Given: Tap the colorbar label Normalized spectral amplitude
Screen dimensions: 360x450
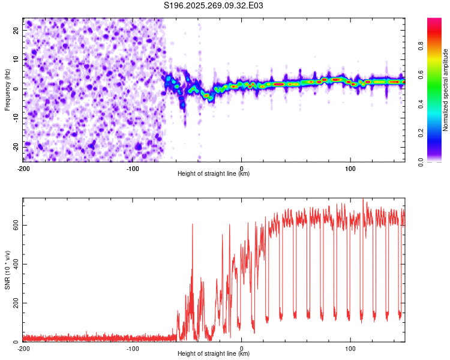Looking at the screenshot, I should (x=445, y=90).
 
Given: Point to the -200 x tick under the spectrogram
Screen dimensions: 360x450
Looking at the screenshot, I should (x=23, y=168).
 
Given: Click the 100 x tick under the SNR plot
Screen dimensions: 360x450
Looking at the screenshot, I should (x=351, y=349).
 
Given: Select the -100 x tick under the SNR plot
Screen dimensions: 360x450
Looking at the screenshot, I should (x=133, y=349).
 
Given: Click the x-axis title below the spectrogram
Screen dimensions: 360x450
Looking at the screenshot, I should (x=214, y=174).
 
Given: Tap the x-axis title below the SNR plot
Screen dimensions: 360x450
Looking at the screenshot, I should (x=214, y=355).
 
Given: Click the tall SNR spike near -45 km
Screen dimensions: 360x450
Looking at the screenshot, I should (x=193, y=226).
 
